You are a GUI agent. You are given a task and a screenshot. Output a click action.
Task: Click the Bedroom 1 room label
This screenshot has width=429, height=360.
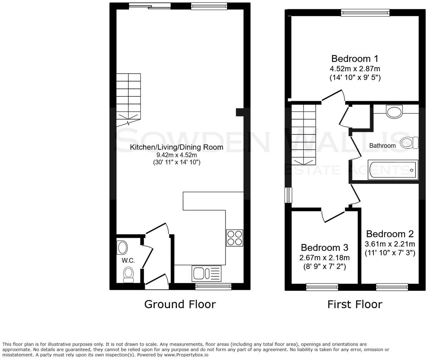[x=355, y=59]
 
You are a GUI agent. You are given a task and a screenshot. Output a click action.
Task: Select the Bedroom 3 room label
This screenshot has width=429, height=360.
[x=324, y=247]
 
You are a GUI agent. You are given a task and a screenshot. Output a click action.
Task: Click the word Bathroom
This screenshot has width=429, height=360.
[x=382, y=146]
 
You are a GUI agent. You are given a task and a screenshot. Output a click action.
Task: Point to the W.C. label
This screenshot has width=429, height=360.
[x=128, y=261]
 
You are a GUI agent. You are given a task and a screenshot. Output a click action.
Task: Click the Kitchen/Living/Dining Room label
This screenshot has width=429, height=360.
[x=176, y=147]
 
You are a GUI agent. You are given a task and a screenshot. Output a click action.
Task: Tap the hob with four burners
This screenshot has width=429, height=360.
[x=235, y=237]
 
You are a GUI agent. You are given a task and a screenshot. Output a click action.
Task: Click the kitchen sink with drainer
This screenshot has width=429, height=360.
[x=207, y=274]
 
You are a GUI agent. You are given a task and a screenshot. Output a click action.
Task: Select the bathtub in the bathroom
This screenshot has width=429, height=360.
[x=393, y=170]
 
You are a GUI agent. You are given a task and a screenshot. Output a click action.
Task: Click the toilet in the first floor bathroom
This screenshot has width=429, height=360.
[x=409, y=143]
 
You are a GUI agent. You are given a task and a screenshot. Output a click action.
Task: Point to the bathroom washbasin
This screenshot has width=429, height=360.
[x=395, y=111]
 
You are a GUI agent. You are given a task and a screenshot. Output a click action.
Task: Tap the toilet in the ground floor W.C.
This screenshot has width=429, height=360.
[x=128, y=275]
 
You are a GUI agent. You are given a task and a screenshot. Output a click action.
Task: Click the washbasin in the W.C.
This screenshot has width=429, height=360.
[x=122, y=247]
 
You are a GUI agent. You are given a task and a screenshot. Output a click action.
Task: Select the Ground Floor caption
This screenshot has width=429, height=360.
[x=180, y=304]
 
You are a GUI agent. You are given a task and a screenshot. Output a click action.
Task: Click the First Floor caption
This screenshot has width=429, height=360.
[x=355, y=304]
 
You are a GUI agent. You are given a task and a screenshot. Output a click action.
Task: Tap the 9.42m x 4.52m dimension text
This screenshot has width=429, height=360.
[x=176, y=155]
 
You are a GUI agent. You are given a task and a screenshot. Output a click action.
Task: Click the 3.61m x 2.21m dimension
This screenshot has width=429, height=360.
[x=390, y=244]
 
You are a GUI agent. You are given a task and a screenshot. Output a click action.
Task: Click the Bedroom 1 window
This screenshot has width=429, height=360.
[x=365, y=13]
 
